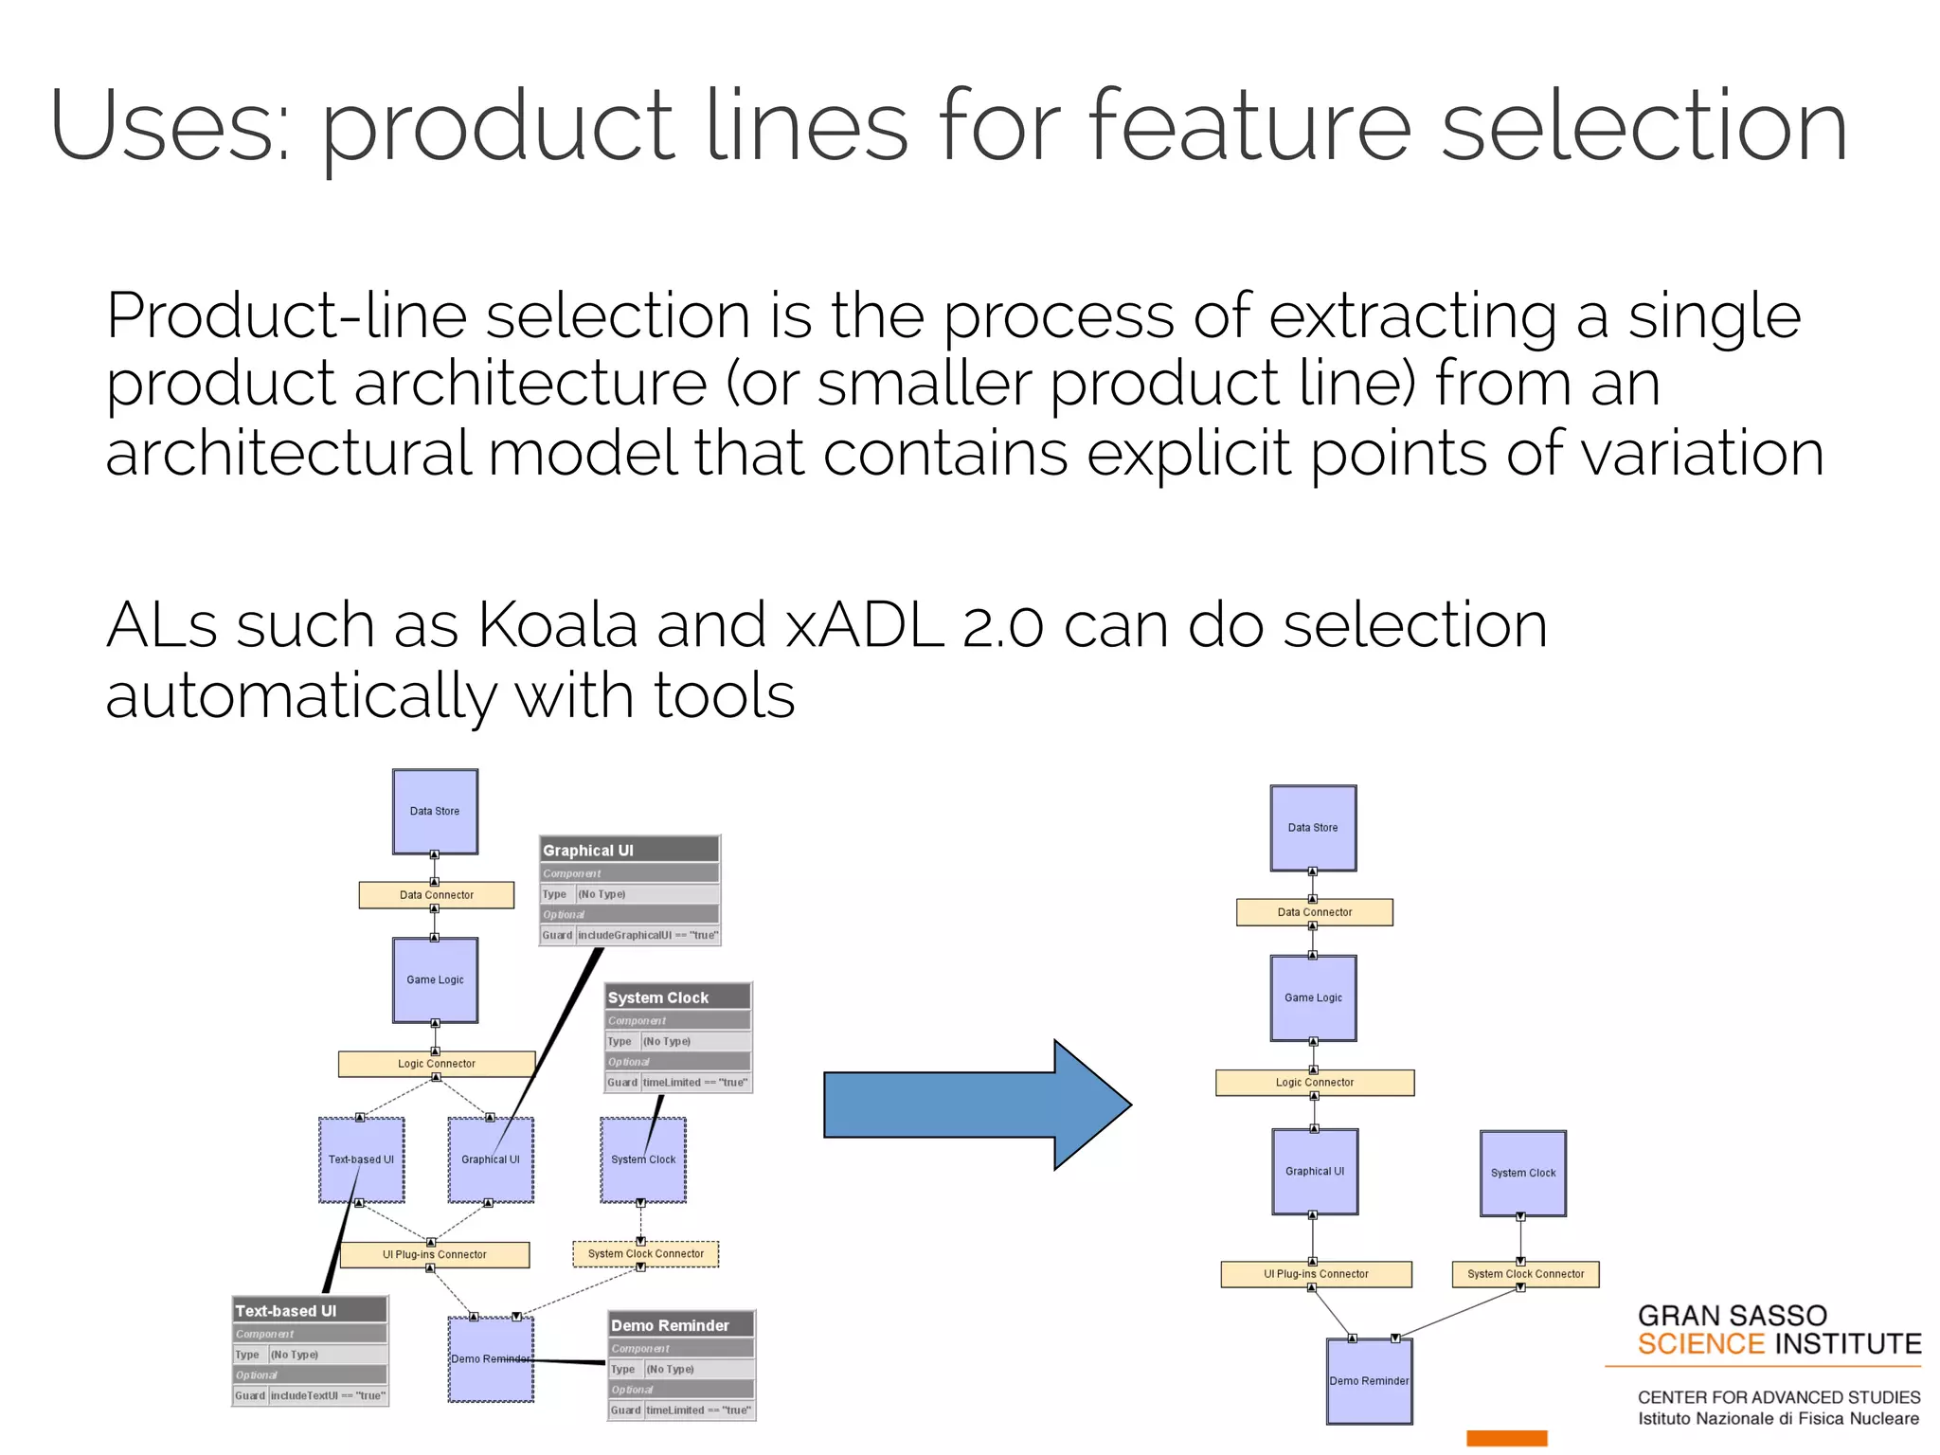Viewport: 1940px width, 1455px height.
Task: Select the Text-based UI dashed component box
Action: pos(361,1159)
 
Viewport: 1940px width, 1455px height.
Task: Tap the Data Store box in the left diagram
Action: pos(435,811)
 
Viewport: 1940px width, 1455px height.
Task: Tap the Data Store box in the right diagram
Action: pos(1313,827)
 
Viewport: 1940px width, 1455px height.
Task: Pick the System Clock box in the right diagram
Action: pos(1522,1173)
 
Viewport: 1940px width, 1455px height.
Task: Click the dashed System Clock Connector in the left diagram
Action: pos(645,1253)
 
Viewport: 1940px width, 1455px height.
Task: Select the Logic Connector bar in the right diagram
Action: pos(1315,1082)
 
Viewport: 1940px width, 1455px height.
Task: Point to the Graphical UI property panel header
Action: pos(629,850)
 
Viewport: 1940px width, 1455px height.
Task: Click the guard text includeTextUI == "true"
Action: pos(328,1395)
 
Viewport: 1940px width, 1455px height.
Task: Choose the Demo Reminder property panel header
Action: pos(680,1324)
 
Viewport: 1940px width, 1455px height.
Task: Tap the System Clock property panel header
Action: pos(677,997)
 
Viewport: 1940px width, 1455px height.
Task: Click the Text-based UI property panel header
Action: pos(309,1310)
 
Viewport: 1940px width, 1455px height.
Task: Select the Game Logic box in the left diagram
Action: pos(435,979)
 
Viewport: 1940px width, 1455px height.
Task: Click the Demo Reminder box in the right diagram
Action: pos(1369,1380)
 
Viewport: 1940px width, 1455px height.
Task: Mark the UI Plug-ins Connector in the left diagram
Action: pos(434,1254)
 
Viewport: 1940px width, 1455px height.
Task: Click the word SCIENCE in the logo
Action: pos(1700,1344)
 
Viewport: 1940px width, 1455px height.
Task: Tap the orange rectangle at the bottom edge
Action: pos(1506,1438)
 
